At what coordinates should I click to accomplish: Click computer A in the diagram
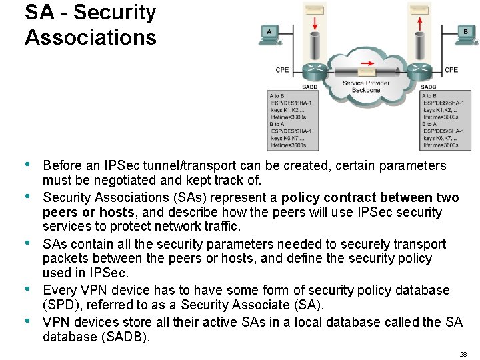269,34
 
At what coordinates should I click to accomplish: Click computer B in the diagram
465,34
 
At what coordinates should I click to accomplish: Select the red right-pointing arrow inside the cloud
366,65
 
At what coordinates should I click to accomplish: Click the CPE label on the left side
283,69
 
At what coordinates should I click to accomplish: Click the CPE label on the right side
451,69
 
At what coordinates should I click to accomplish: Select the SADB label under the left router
310,87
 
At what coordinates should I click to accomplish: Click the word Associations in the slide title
91,37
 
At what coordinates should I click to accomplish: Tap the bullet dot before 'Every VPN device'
27,289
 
